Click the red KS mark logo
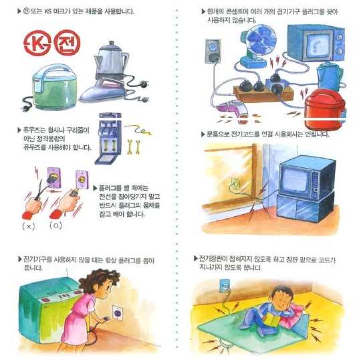tap(37, 43)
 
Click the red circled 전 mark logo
tap(67, 43)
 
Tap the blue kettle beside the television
tap(330, 76)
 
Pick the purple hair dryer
tap(233, 109)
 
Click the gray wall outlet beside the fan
tap(213, 52)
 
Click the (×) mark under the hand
tap(29, 226)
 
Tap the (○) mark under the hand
tap(55, 226)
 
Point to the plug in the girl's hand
tap(106, 319)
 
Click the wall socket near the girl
tap(118, 313)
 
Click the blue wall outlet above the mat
tap(225, 286)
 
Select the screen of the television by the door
tap(294, 179)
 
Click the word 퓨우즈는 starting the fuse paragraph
tap(35, 130)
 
